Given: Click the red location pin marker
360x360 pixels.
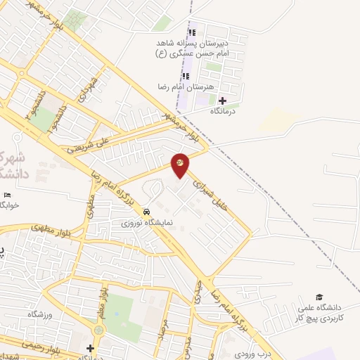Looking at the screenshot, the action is [181, 165].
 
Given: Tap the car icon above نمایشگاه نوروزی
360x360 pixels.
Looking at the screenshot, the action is [146, 212].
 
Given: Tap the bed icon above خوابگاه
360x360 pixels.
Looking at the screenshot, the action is [8, 195].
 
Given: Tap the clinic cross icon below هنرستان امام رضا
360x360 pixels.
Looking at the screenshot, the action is [223, 101].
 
